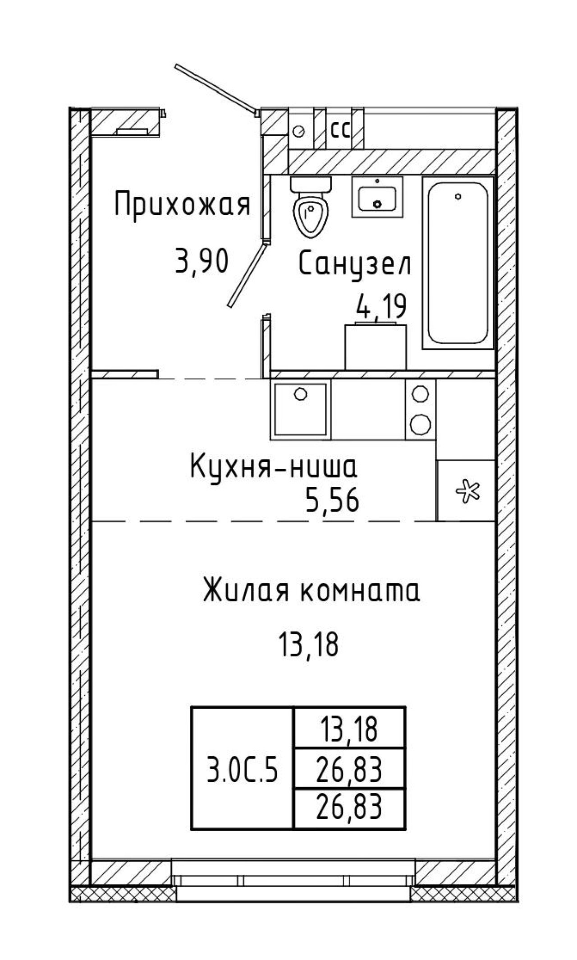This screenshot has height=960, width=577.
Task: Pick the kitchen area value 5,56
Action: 332,501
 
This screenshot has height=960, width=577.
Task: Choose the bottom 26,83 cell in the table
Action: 349,807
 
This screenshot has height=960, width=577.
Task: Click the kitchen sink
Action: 300,409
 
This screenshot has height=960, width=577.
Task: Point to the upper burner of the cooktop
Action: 420,393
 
